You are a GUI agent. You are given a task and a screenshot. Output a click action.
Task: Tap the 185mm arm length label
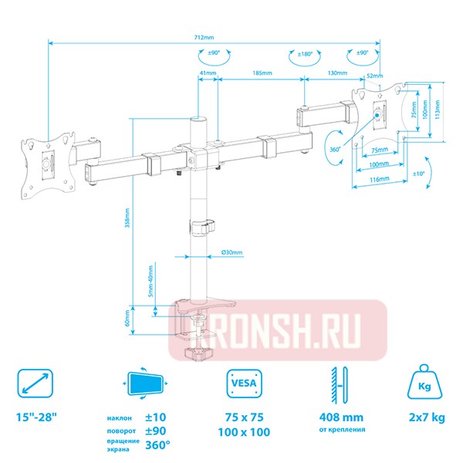click(259, 73)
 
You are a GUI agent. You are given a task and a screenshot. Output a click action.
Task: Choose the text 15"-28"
click(36, 417)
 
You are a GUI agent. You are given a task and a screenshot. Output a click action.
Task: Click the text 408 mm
click(340, 417)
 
